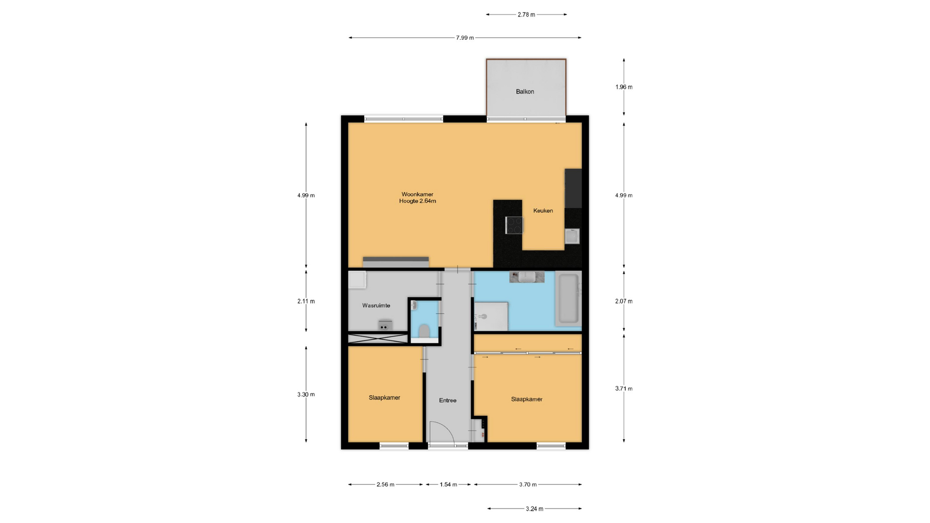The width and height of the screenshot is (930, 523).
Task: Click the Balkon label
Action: pyautogui.click(x=525, y=92)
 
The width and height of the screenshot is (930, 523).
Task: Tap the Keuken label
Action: pyautogui.click(x=543, y=211)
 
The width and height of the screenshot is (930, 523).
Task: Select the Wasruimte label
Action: pyautogui.click(x=376, y=306)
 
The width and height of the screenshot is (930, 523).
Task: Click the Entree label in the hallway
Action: pyautogui.click(x=448, y=400)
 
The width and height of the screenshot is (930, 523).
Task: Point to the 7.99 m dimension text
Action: pyautogui.click(x=465, y=38)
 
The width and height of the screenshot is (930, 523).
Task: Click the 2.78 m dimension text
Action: pyautogui.click(x=527, y=15)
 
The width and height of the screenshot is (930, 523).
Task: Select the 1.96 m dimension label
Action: pyautogui.click(x=624, y=87)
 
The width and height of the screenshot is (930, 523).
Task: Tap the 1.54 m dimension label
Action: pyautogui.click(x=449, y=484)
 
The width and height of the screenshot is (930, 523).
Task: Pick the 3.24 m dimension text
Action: pyautogui.click(x=535, y=508)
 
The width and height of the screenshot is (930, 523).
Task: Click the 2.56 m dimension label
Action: pyautogui.click(x=386, y=484)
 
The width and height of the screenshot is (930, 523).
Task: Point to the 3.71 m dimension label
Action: pyautogui.click(x=624, y=388)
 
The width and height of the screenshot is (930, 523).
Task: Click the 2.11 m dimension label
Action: pyautogui.click(x=306, y=301)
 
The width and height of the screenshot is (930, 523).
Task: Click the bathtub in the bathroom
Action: pyautogui.click(x=569, y=299)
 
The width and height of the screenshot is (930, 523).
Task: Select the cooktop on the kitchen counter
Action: pyautogui.click(x=514, y=225)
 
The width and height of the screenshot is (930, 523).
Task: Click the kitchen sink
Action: pyautogui.click(x=572, y=236)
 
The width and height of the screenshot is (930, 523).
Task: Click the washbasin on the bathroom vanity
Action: pyautogui.click(x=527, y=277)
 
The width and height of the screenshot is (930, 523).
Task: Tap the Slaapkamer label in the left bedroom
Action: pyautogui.click(x=385, y=398)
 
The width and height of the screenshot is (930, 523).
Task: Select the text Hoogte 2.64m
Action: pyautogui.click(x=418, y=201)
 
